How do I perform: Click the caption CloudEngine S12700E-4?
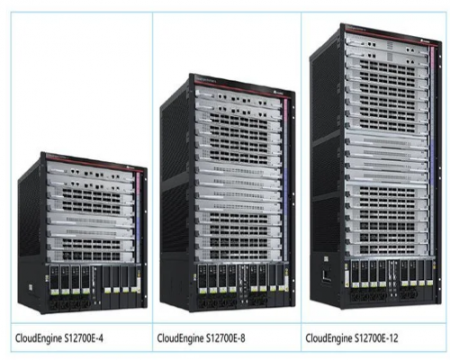[x=59, y=338]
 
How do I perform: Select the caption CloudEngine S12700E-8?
[x=201, y=338]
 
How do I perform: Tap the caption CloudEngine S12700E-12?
[x=352, y=338]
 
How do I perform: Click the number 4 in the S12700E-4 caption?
[x=101, y=338]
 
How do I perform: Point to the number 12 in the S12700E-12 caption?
[x=394, y=338]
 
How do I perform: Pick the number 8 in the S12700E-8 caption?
[x=242, y=338]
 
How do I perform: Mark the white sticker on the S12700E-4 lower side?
[x=31, y=287]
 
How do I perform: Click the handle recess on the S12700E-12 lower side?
[x=327, y=274]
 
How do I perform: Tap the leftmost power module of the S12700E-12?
[x=355, y=274]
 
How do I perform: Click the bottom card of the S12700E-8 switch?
[x=238, y=255]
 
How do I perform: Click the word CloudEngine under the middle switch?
[x=180, y=338]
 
